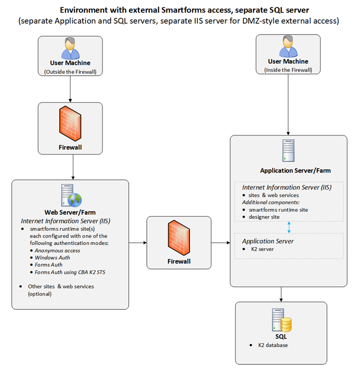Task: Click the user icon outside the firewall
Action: pyautogui.click(x=70, y=49)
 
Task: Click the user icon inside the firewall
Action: pyautogui.click(x=288, y=48)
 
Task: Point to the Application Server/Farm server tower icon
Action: pyautogui.click(x=289, y=150)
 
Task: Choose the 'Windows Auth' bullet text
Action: pyautogui.click(x=52, y=258)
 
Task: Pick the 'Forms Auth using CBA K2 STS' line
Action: pyautogui.click(x=70, y=273)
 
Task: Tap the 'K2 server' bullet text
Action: pyautogui.click(x=264, y=249)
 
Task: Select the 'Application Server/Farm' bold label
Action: pyautogui.click(x=289, y=170)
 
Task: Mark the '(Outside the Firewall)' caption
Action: pyautogui.click(x=70, y=71)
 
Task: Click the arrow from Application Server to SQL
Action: pyautogui.click(x=281, y=293)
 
